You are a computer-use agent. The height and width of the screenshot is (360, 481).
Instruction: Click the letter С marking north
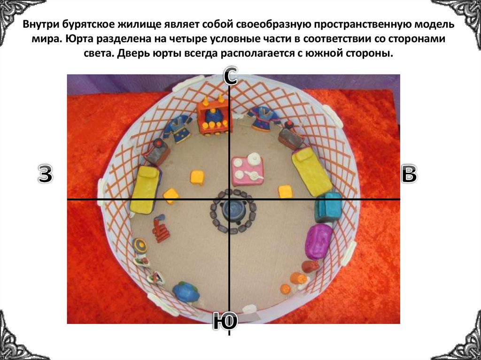(x=230, y=76)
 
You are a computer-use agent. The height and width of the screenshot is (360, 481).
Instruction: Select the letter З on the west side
(x=45, y=175)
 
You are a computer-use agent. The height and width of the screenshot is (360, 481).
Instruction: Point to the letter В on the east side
(x=409, y=174)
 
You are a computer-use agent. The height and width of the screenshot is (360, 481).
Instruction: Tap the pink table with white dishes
(x=248, y=170)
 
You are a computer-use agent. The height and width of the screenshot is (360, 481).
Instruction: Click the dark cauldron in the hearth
(x=233, y=209)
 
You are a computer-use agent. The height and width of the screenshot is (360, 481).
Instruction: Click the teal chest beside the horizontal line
(x=328, y=207)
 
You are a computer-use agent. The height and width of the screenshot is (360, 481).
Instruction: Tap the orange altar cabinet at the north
(x=215, y=116)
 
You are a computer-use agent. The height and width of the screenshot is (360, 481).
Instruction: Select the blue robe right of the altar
(x=262, y=120)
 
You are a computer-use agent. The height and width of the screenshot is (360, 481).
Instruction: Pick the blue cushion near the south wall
(x=186, y=291)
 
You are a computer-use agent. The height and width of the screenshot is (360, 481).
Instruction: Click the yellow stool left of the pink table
(x=197, y=177)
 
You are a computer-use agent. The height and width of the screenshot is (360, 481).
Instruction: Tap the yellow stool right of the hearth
(x=285, y=191)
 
